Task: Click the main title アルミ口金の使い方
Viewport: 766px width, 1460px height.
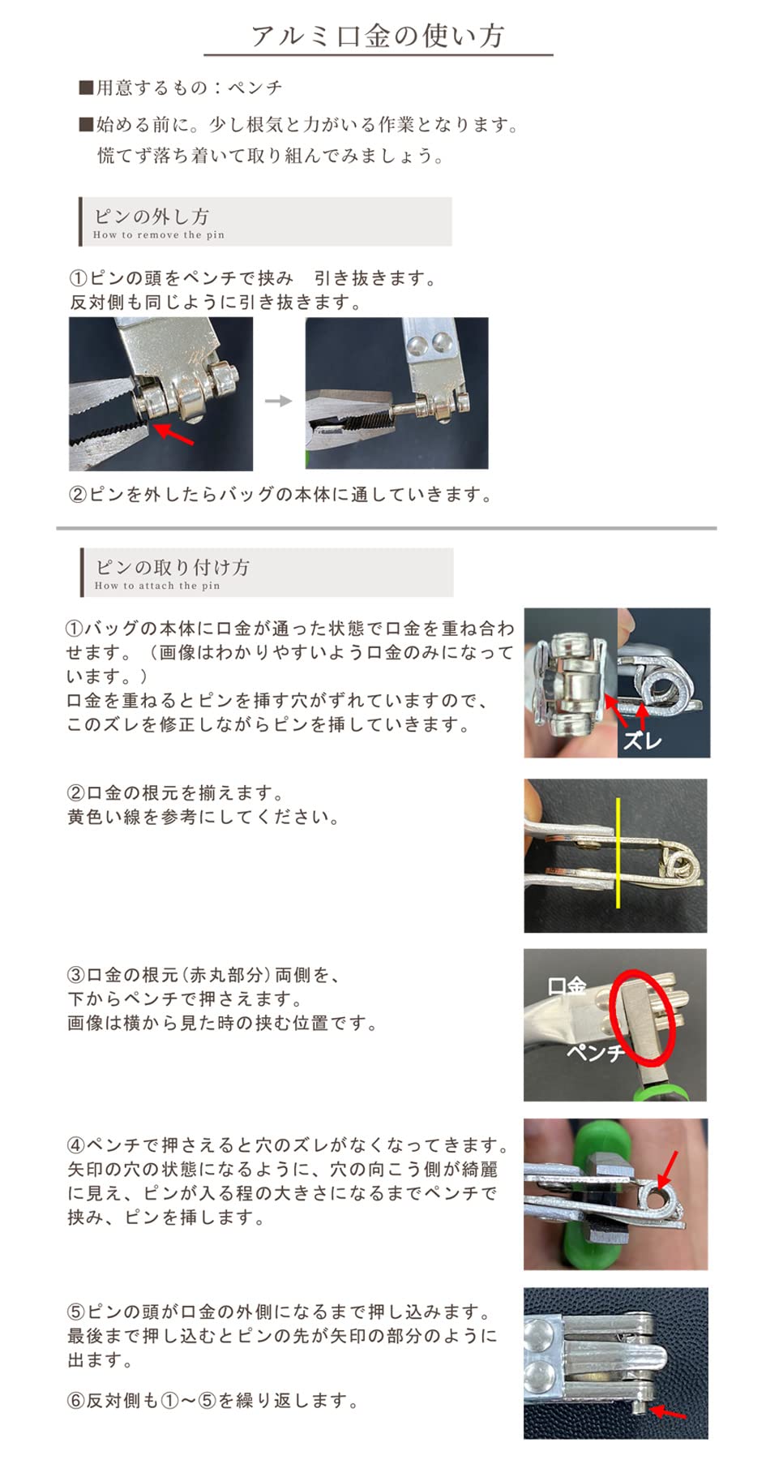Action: click(x=378, y=36)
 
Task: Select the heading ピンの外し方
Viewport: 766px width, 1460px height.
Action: click(x=152, y=216)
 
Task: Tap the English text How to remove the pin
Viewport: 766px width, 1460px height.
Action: click(x=159, y=235)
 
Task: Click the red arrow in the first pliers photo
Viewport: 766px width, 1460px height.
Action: click(x=173, y=434)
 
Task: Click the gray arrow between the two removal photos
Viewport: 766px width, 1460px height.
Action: click(x=278, y=401)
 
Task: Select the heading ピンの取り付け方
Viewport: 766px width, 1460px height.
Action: click(x=172, y=567)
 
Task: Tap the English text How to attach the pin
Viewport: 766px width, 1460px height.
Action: click(x=157, y=586)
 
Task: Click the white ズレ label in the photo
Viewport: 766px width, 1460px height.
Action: click(x=643, y=740)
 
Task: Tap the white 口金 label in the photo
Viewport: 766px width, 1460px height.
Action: click(x=566, y=986)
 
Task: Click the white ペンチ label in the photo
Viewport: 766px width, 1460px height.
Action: click(x=594, y=1053)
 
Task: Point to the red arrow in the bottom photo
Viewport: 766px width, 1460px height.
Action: click(x=670, y=1413)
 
